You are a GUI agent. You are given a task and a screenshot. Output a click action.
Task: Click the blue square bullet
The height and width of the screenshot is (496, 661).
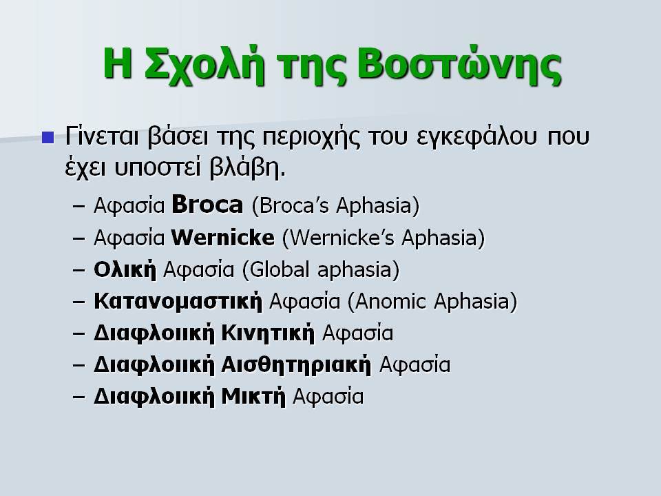tap(48, 138)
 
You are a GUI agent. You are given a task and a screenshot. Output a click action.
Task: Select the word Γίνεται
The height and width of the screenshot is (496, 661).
tap(102, 136)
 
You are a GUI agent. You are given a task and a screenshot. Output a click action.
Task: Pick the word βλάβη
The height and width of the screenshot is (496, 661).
tap(247, 167)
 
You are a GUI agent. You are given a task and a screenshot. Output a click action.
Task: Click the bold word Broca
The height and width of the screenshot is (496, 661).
tap(207, 205)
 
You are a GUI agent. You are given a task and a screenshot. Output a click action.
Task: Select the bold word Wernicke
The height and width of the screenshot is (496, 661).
tap(222, 237)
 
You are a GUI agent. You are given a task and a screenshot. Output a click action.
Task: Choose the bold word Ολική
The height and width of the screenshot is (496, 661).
tap(125, 269)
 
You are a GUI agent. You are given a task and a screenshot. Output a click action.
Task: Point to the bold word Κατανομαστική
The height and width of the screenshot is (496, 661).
tap(178, 301)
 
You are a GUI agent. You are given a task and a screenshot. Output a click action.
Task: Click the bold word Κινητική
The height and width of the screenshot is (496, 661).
tap(268, 333)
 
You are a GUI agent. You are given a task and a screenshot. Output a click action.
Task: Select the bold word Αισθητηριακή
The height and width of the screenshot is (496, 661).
tap(296, 364)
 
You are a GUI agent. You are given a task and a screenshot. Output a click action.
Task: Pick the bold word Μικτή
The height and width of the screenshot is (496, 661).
tap(253, 397)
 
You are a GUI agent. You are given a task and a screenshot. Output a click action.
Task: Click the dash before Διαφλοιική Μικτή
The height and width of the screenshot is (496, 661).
tap(78, 397)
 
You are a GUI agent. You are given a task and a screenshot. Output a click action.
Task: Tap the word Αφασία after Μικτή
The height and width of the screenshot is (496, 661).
tap(328, 397)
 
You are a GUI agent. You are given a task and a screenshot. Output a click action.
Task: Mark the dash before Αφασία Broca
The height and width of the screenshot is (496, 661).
tap(78, 206)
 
